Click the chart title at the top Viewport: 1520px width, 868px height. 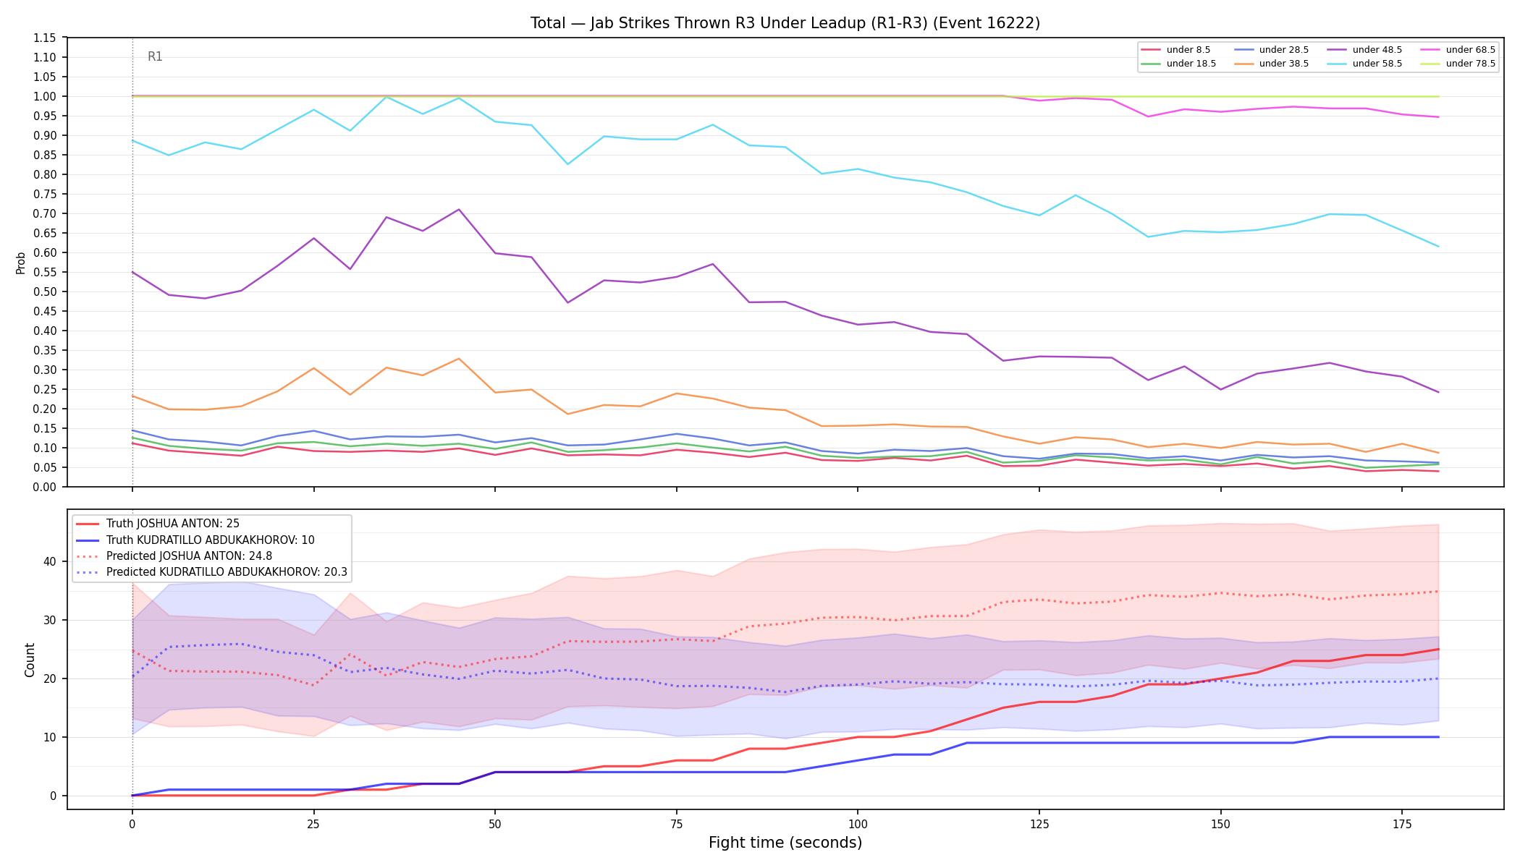(785, 23)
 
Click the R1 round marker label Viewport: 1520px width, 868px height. (155, 56)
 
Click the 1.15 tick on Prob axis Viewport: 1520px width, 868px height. (45, 38)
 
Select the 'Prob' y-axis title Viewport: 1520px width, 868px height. (20, 263)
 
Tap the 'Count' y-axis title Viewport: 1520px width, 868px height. (30, 660)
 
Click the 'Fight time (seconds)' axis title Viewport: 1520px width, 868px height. (785, 843)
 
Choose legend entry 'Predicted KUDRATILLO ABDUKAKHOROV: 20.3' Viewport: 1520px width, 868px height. (211, 572)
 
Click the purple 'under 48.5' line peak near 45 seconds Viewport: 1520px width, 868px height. (459, 210)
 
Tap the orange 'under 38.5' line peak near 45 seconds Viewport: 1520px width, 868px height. (459, 359)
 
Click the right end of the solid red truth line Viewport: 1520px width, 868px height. (1438, 649)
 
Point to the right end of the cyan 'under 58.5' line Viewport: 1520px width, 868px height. (1438, 247)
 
